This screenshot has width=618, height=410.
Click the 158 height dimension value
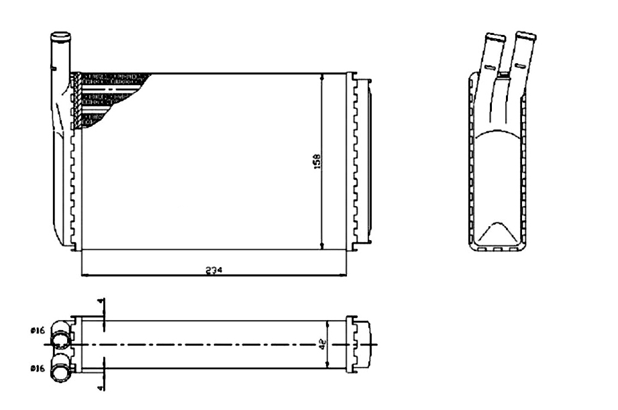pos(317,162)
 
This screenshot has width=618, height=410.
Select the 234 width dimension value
pos(214,270)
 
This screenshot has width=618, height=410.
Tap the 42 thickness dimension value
pos(323,344)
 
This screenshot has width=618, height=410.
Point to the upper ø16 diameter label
pos(38,331)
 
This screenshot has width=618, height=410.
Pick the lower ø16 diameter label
pos(38,368)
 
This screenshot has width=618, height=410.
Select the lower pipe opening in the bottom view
pos(60,373)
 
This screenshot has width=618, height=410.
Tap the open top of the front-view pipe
pos(60,36)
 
